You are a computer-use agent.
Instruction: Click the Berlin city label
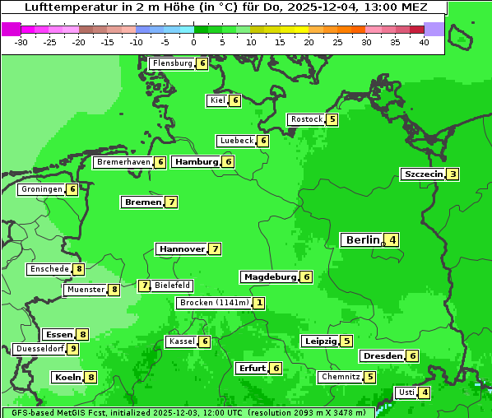tap(363, 240)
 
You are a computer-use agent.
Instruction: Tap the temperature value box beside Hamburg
tap(229, 162)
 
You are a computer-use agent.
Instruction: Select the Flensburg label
tap(172, 63)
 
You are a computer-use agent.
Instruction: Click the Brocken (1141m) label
tap(213, 303)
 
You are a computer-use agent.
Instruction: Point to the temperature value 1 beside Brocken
tap(259, 303)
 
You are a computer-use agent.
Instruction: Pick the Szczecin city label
tap(423, 174)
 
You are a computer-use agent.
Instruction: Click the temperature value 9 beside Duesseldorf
tap(73, 349)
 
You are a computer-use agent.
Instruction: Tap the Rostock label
tap(306, 119)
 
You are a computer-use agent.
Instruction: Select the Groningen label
tap(42, 189)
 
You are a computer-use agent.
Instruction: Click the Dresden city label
tap(383, 356)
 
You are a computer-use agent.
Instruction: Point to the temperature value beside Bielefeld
tap(145, 286)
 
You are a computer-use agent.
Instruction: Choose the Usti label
tap(406, 392)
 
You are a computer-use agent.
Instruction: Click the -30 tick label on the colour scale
tap(21, 41)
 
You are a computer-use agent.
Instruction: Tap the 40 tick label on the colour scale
tap(424, 41)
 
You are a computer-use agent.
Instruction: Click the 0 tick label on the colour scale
tap(194, 41)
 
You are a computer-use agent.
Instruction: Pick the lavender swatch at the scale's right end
tap(434, 29)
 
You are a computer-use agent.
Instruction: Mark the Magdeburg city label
tap(269, 277)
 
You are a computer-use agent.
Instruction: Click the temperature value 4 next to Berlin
tap(393, 240)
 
